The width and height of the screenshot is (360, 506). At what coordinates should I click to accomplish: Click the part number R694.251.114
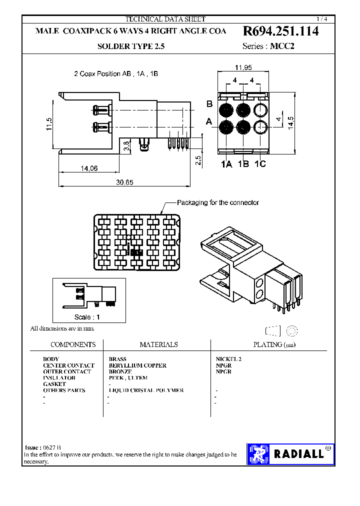point(280,31)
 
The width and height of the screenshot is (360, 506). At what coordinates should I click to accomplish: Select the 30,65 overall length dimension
point(124,182)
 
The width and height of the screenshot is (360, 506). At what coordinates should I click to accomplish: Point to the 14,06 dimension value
point(89,168)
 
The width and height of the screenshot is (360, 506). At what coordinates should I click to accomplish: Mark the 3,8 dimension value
point(127,146)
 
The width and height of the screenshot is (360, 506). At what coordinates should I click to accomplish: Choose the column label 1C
point(260,164)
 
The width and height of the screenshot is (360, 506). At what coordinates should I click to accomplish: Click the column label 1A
point(226,164)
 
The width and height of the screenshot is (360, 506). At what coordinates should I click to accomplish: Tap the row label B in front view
point(210,104)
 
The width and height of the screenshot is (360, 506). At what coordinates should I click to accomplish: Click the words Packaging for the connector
point(218,202)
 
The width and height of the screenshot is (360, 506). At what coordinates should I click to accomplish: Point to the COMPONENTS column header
point(73,344)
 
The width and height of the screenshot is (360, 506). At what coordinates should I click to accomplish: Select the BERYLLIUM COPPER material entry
point(137,365)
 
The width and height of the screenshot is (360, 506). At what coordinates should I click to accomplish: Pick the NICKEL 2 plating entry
point(228,359)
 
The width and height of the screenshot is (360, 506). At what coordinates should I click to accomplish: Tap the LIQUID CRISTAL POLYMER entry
point(146,390)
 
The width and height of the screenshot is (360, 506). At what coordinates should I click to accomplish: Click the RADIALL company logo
point(290,454)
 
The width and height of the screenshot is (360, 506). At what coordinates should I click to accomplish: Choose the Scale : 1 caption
point(87,317)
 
